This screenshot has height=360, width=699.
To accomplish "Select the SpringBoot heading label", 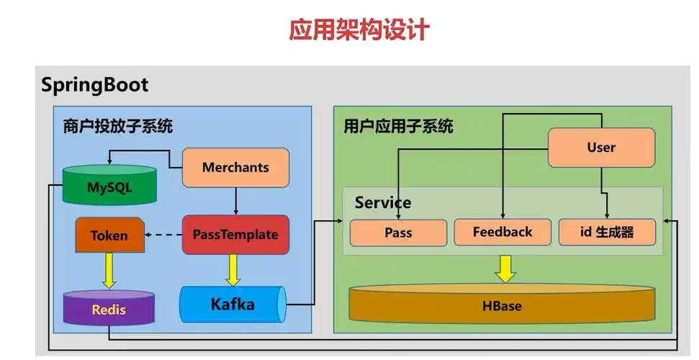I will (x=94, y=85).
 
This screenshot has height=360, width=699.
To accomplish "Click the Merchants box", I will (x=235, y=168).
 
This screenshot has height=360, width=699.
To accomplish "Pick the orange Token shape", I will (x=109, y=235).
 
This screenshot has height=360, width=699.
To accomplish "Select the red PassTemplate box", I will (x=235, y=235).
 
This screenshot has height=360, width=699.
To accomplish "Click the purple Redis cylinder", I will (x=109, y=308).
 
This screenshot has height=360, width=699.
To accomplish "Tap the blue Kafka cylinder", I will (x=233, y=305).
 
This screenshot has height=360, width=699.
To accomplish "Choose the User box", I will (x=601, y=148).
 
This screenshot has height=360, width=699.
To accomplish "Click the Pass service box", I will (x=397, y=233).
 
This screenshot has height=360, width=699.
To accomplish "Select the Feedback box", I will (x=502, y=233).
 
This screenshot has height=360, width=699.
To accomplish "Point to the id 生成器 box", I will (x=607, y=233).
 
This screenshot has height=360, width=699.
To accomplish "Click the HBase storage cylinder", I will (x=502, y=305).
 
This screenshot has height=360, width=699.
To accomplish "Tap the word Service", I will (x=383, y=203).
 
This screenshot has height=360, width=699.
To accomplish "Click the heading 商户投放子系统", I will (x=118, y=127).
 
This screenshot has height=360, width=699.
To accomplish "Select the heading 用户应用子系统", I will (x=398, y=127).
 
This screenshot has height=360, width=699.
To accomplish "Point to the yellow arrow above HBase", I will (x=505, y=269).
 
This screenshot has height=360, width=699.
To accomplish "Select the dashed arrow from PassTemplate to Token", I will (x=163, y=235).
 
